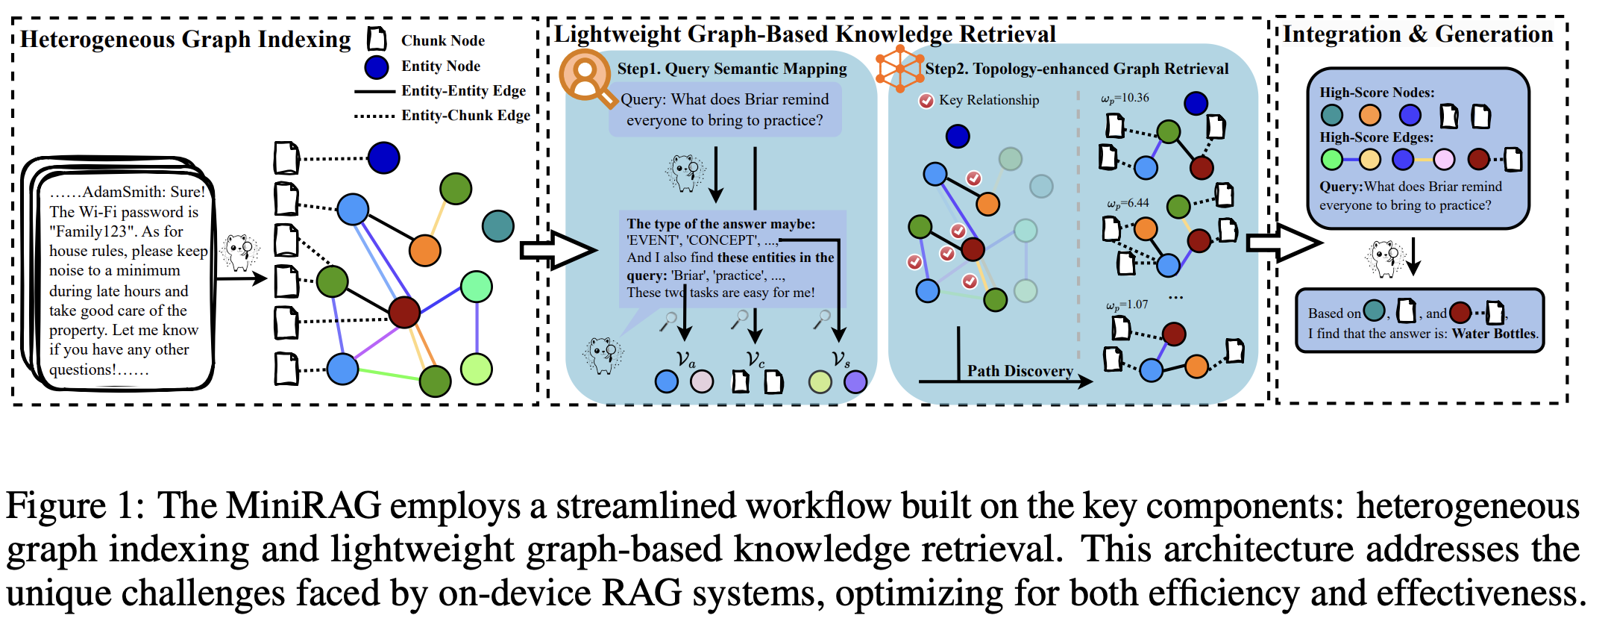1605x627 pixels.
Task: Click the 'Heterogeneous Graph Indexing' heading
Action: pos(185,39)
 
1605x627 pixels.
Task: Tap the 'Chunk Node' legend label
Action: pos(442,40)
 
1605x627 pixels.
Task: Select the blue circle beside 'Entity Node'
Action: pos(377,66)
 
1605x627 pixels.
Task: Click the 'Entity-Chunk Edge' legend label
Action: pos(465,115)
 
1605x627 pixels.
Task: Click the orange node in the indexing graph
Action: pos(425,251)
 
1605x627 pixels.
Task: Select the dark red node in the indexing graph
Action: pos(404,312)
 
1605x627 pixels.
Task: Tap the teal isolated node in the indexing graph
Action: pos(497,225)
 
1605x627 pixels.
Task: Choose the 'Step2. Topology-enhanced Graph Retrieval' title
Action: pos(1076,69)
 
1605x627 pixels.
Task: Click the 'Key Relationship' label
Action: pos(988,100)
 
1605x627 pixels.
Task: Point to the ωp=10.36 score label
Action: pos(1125,98)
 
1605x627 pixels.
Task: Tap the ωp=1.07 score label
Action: pos(1126,305)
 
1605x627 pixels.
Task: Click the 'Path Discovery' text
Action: pos(1020,370)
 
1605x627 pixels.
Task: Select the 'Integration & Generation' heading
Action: pos(1418,34)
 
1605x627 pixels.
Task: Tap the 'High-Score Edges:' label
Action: pos(1376,137)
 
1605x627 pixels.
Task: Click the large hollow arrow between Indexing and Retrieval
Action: pos(556,250)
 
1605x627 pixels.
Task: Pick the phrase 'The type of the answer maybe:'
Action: pos(720,223)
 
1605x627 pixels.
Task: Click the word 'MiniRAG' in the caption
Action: pos(304,505)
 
